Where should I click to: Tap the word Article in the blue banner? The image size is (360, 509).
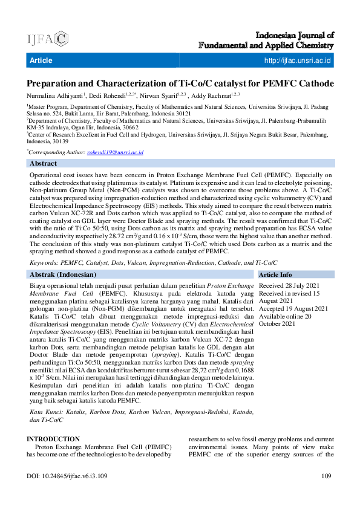coord(41,60)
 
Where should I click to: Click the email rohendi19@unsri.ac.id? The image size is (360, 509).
coord(123,153)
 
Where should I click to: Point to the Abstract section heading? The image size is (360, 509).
coord(44,164)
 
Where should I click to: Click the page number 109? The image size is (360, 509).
coord(327,476)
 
